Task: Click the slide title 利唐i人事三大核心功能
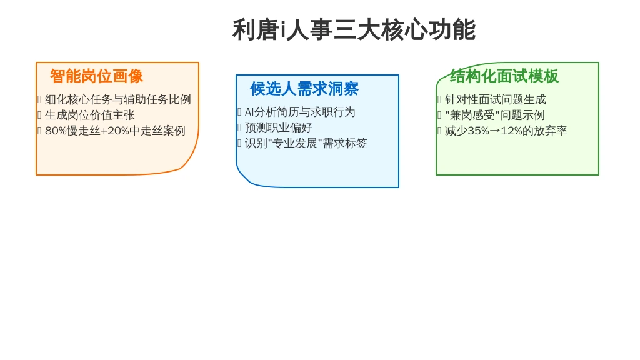[x=354, y=30]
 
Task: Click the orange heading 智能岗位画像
[x=97, y=76]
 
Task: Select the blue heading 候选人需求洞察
[x=304, y=89]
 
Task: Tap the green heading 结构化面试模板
[x=504, y=76]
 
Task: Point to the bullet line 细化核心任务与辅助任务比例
[x=118, y=99]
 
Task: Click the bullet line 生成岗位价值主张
[x=90, y=115]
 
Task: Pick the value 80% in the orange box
[x=56, y=131]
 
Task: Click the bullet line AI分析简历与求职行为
[x=300, y=112]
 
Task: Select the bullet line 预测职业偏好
[x=279, y=127]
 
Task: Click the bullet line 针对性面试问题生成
[x=496, y=99]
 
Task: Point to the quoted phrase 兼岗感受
[x=472, y=115]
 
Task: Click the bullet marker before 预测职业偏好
[x=239, y=127]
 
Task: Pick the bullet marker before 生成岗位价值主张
[x=39, y=115]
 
